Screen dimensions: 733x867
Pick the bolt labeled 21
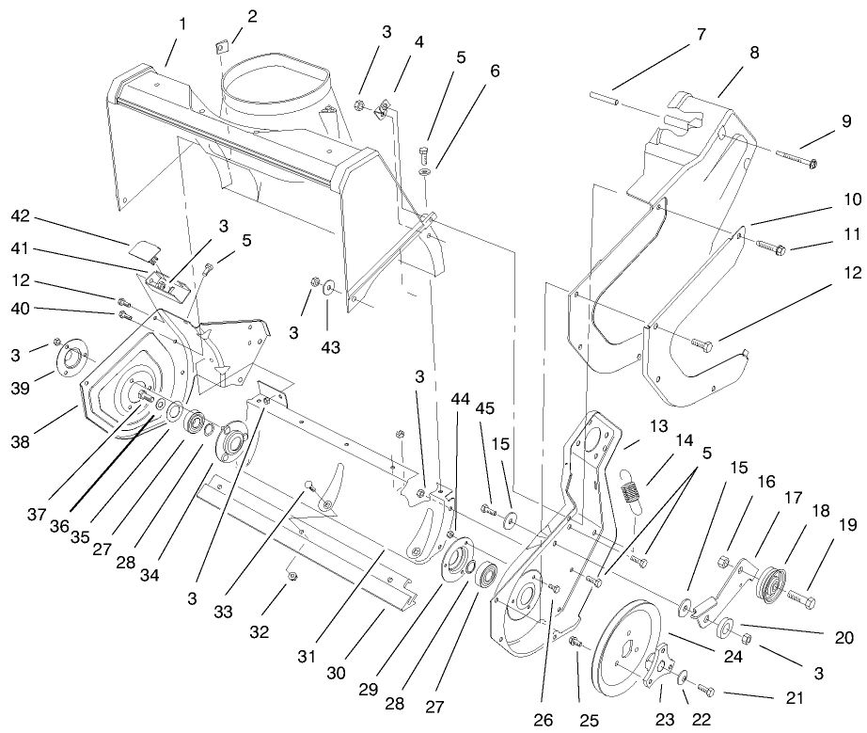(706, 692)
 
